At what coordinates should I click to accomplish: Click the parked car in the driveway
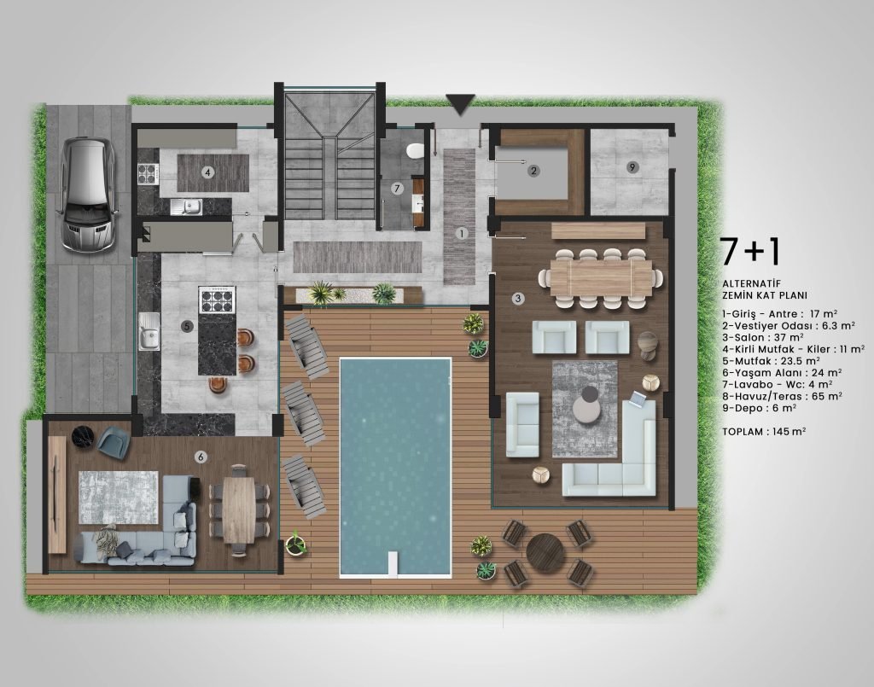88,195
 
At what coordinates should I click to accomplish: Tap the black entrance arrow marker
460,104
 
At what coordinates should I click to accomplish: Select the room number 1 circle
462,234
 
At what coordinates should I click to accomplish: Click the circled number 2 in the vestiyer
533,171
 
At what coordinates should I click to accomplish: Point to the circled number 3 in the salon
518,299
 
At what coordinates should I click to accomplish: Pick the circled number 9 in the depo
632,167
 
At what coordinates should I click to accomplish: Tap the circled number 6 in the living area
201,457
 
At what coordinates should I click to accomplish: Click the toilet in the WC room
415,150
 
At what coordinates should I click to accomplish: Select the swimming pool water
395,467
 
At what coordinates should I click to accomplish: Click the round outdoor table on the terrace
545,553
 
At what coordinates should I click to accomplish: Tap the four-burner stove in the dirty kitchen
149,174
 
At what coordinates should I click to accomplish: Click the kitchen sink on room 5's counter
149,331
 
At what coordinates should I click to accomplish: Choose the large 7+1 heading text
749,251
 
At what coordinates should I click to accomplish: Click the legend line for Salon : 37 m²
763,337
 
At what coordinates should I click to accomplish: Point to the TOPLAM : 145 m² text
764,431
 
